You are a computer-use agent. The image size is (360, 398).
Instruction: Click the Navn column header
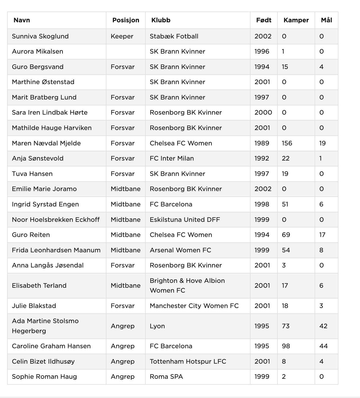click(x=22, y=20)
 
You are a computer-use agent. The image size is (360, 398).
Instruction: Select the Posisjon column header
click(x=126, y=20)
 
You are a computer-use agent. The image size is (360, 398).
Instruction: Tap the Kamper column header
click(x=296, y=20)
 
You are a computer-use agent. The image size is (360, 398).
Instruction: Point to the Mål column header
click(x=326, y=20)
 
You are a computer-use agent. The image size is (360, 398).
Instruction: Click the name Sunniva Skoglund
click(x=40, y=36)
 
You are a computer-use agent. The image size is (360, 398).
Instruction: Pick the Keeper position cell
click(x=122, y=36)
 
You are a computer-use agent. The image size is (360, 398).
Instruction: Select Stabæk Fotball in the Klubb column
click(x=174, y=36)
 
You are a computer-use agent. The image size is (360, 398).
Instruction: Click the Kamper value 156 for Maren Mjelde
click(x=287, y=143)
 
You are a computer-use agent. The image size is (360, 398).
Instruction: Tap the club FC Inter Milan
click(x=172, y=158)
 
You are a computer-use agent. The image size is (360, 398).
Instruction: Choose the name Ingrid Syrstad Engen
click(x=45, y=204)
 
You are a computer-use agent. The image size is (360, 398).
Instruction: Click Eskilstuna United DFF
click(x=185, y=220)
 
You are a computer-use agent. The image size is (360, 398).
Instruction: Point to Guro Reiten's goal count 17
click(x=322, y=235)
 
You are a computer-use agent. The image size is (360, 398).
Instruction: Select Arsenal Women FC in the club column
click(x=180, y=250)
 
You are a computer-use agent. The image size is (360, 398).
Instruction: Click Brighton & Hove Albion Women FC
click(x=187, y=286)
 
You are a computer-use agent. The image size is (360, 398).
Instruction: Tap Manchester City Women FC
click(x=194, y=306)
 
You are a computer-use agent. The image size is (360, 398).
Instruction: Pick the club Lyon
click(x=157, y=326)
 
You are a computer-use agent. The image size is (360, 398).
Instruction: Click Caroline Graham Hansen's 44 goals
click(x=323, y=346)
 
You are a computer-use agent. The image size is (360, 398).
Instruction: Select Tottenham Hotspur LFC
click(x=188, y=362)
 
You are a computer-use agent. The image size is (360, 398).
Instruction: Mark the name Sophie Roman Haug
click(x=44, y=377)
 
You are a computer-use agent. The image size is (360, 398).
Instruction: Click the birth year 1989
click(x=262, y=143)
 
